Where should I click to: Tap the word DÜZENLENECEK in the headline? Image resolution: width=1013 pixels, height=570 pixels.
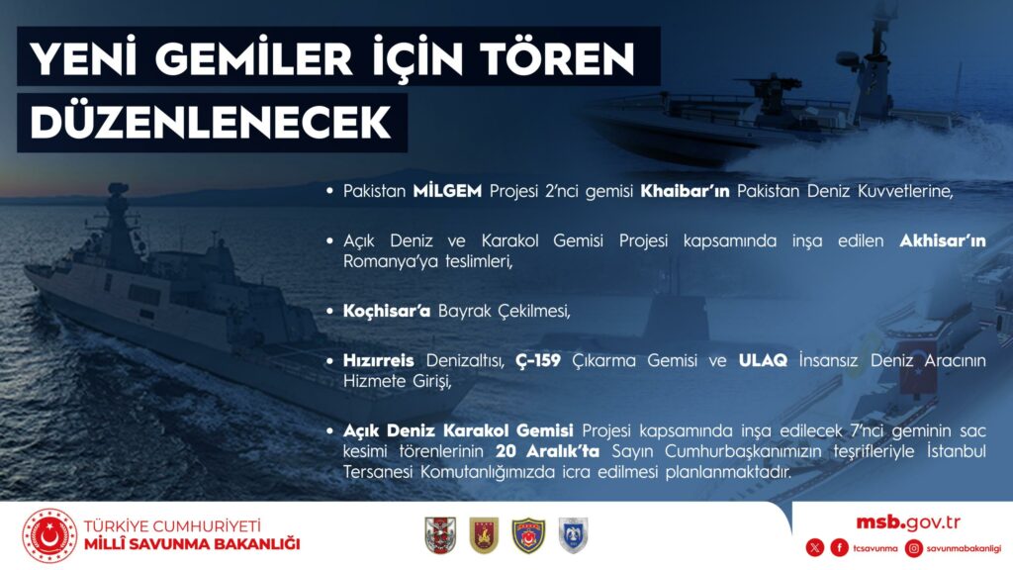(211, 122)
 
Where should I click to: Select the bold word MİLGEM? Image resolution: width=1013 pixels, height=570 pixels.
(447, 191)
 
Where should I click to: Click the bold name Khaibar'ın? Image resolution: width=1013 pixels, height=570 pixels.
(685, 191)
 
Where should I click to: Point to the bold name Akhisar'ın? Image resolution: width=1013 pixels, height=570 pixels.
(943, 240)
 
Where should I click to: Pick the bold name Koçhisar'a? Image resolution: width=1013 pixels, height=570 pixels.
(387, 311)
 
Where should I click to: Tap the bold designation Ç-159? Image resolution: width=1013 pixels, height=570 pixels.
(538, 360)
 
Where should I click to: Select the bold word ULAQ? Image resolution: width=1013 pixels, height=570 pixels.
(763, 360)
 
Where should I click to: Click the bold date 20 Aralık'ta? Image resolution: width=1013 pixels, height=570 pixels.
(548, 450)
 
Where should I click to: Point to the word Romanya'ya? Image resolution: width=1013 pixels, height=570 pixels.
(383, 261)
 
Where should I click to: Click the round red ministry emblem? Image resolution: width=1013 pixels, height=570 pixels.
(49, 535)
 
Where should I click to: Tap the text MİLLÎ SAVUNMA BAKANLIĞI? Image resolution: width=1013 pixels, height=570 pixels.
(192, 544)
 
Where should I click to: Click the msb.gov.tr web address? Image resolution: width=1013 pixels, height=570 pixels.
(908, 522)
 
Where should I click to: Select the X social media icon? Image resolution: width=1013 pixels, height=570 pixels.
(815, 548)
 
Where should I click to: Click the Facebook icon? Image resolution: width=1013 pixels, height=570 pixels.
(839, 548)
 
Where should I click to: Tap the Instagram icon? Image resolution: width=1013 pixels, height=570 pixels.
(913, 548)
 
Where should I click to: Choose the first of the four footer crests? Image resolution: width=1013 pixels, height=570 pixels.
(440, 535)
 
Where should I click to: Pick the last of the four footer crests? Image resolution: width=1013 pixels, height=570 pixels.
(573, 535)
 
